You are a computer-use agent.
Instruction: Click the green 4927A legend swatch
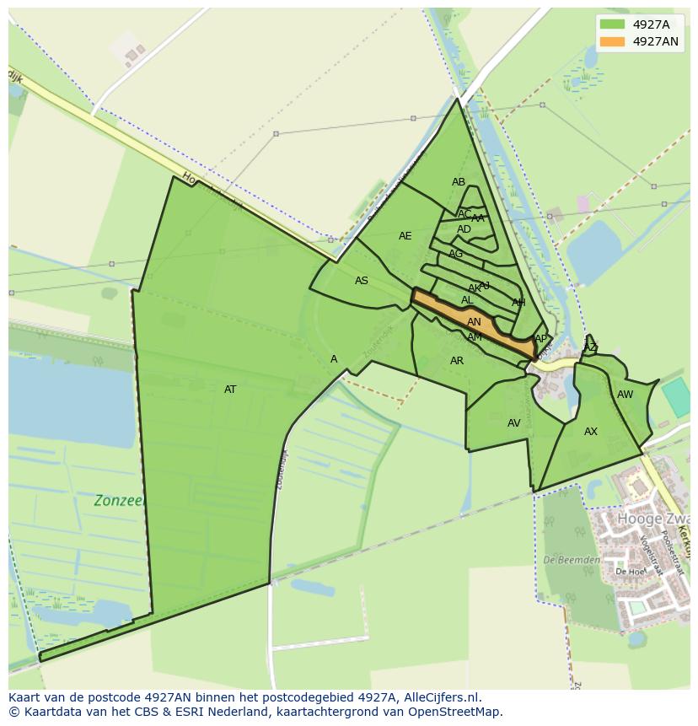(x=612, y=24)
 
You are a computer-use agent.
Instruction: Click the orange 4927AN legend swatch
(x=612, y=41)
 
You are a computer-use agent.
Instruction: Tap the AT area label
(x=230, y=390)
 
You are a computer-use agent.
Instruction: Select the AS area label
(x=362, y=281)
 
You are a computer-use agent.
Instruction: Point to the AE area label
(x=405, y=236)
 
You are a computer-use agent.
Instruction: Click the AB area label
(x=459, y=182)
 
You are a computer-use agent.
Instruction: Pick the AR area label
(x=457, y=361)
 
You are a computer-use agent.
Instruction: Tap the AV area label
(x=514, y=423)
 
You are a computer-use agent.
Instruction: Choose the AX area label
(x=591, y=432)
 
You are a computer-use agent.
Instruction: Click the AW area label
(x=625, y=395)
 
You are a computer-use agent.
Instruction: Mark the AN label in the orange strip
(x=474, y=322)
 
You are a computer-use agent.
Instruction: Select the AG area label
(x=456, y=254)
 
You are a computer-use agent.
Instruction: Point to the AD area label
(x=464, y=229)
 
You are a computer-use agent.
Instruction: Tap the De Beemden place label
(x=572, y=560)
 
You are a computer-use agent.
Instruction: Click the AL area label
(x=467, y=300)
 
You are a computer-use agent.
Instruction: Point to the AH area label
(x=518, y=303)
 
